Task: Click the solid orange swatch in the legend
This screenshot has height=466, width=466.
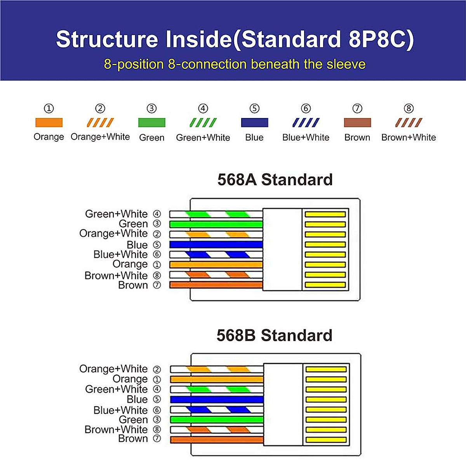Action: pos(49,123)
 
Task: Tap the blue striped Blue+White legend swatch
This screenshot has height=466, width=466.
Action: pos(306,123)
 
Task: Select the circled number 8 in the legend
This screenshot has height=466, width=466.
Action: pos(409,108)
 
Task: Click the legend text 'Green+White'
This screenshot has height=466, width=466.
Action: pos(203,137)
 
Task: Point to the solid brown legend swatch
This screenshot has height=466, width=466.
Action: pos(357,123)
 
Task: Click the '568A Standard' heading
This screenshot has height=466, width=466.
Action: pos(275,180)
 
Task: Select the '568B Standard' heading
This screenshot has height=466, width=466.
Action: pos(275,336)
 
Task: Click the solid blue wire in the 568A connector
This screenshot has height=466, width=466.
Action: pos(216,245)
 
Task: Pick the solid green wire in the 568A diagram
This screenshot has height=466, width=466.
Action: pos(216,224)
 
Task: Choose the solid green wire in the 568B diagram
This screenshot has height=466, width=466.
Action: pos(217,419)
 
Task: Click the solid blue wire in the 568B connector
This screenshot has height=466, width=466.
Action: pos(217,399)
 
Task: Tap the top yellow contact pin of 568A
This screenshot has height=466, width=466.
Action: pos(325,214)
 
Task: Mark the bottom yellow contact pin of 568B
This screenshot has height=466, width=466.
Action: pos(326,440)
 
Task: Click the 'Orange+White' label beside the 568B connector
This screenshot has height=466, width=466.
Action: pos(113,369)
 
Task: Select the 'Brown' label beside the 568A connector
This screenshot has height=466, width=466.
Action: pos(133,285)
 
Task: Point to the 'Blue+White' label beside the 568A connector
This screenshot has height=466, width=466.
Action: pos(120,254)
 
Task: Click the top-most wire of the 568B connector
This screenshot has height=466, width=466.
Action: pos(217,369)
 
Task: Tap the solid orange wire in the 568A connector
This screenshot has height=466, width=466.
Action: pos(216,265)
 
